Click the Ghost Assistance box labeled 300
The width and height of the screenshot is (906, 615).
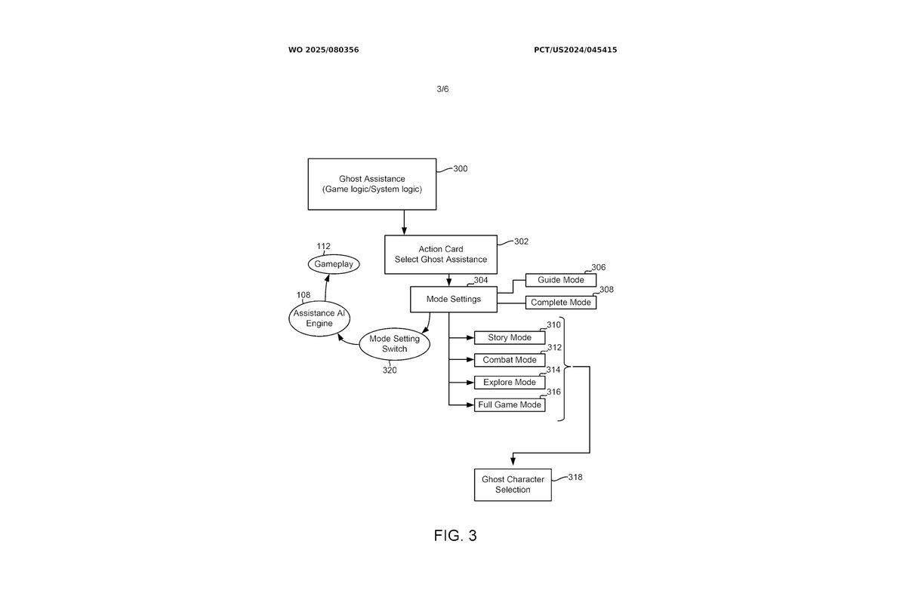pyautogui.click(x=371, y=184)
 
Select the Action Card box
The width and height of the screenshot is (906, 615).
pyautogui.click(x=441, y=254)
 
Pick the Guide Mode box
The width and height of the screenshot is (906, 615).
pyautogui.click(x=561, y=280)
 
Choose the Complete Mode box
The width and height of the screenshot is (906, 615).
pyautogui.click(x=560, y=303)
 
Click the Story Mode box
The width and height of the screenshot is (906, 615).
pyautogui.click(x=509, y=337)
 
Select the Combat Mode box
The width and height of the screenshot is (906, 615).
pyautogui.click(x=509, y=360)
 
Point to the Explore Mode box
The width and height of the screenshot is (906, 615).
pyautogui.click(x=509, y=383)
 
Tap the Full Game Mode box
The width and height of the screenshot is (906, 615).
pyautogui.click(x=509, y=405)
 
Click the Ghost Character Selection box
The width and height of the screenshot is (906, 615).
pyautogui.click(x=513, y=484)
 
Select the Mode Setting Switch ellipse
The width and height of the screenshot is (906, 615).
pyautogui.click(x=394, y=344)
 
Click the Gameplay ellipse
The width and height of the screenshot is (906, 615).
pyautogui.click(x=334, y=264)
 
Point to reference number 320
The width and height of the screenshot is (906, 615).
pyautogui.click(x=389, y=370)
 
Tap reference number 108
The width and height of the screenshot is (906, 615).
pyautogui.click(x=304, y=295)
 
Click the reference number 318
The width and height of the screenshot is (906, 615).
pyautogui.click(x=575, y=477)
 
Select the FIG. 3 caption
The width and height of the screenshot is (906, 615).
pyautogui.click(x=455, y=536)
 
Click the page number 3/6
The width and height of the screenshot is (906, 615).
pyautogui.click(x=442, y=89)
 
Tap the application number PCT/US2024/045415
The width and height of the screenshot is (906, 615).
pyautogui.click(x=575, y=50)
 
